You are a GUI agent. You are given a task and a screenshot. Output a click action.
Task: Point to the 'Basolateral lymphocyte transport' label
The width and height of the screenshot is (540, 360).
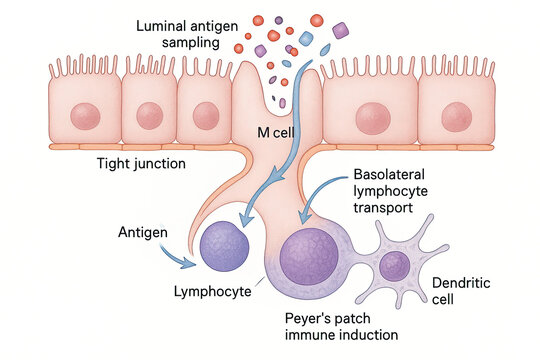(392, 190)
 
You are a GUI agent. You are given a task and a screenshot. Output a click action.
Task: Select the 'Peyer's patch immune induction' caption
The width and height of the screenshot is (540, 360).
(339, 325)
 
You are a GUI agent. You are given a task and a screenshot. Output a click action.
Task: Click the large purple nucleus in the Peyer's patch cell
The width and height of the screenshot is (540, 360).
(311, 256)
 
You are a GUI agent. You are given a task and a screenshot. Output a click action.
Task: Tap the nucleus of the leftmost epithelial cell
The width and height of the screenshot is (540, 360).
(85, 113)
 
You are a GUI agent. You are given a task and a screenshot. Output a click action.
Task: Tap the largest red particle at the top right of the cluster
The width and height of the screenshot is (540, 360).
(317, 18)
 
